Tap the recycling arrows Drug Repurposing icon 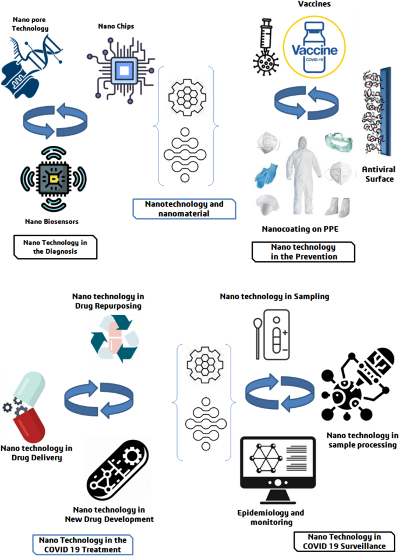[115, 339]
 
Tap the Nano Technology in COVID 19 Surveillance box [344, 540]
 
